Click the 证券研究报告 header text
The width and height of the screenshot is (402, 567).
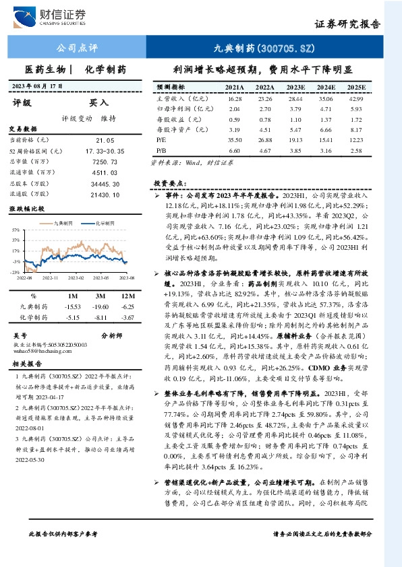pos(347,23)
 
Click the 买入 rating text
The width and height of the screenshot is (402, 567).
pos(99,103)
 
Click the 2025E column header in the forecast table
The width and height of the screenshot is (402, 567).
pos(355,88)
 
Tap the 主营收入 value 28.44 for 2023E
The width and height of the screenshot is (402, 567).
pos(295,98)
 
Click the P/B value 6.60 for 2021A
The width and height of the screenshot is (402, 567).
pos(234,151)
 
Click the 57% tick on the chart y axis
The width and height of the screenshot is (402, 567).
pos(15,230)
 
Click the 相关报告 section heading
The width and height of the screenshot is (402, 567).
pos(28,364)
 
